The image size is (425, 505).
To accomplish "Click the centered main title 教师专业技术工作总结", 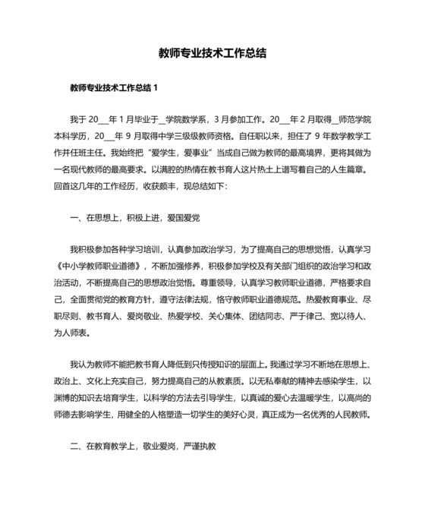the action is point(212,54).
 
